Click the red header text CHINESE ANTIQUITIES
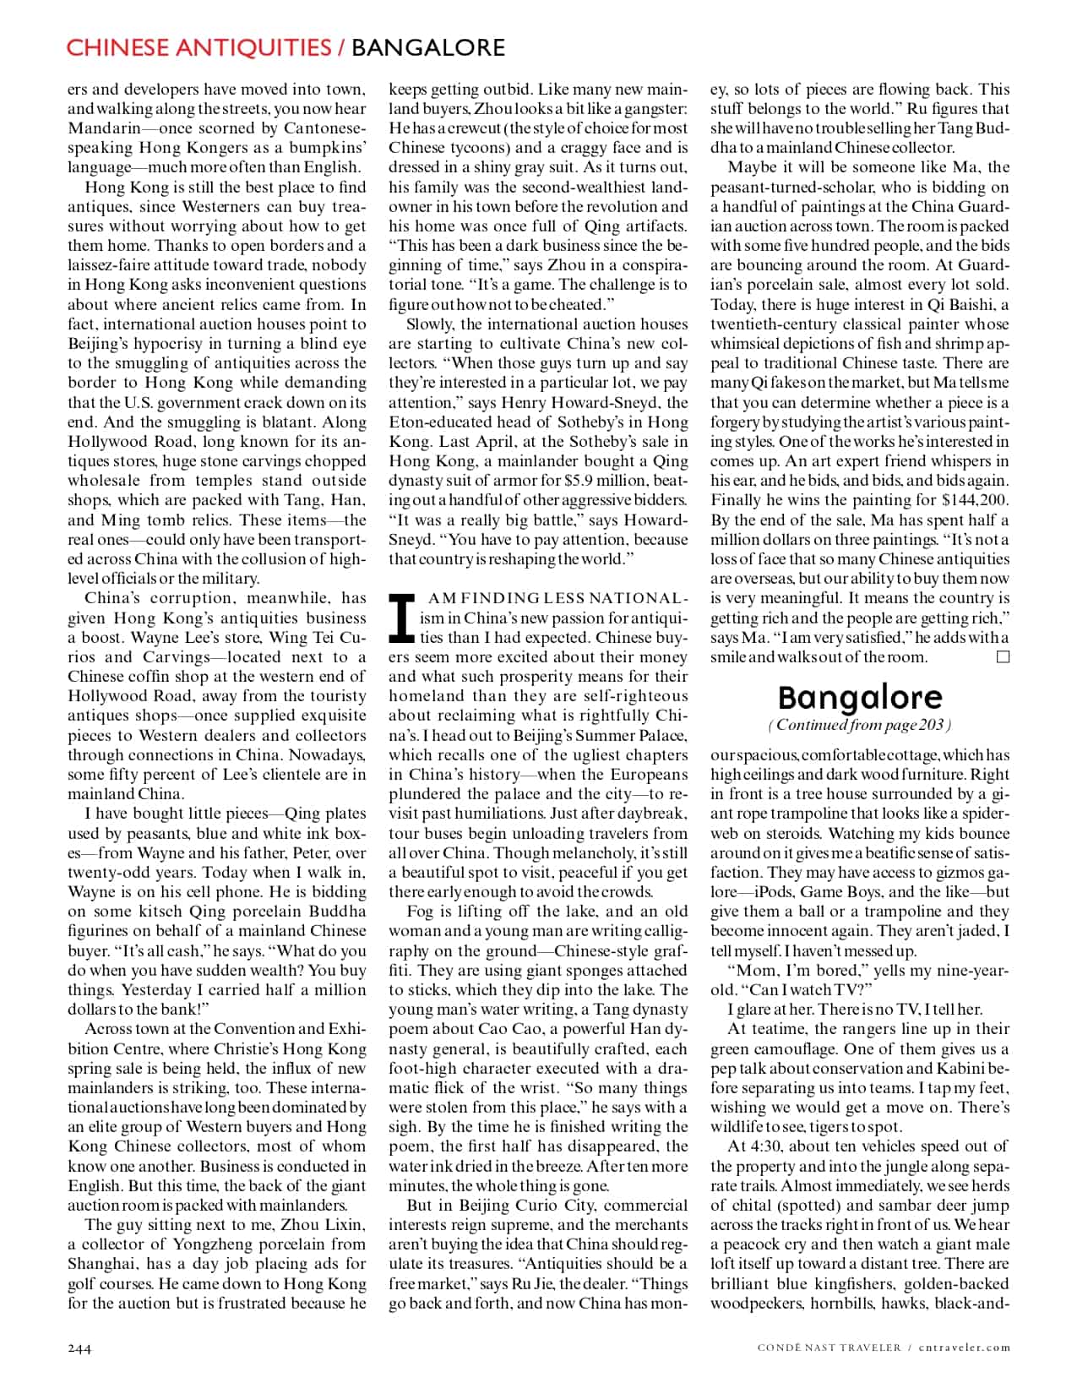(x=199, y=47)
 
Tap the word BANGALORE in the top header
(x=427, y=47)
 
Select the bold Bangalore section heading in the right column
(x=859, y=697)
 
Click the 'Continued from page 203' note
(x=859, y=725)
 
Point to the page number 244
(x=79, y=1348)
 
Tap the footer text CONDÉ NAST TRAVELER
(x=830, y=1348)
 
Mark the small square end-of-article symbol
(x=1003, y=656)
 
